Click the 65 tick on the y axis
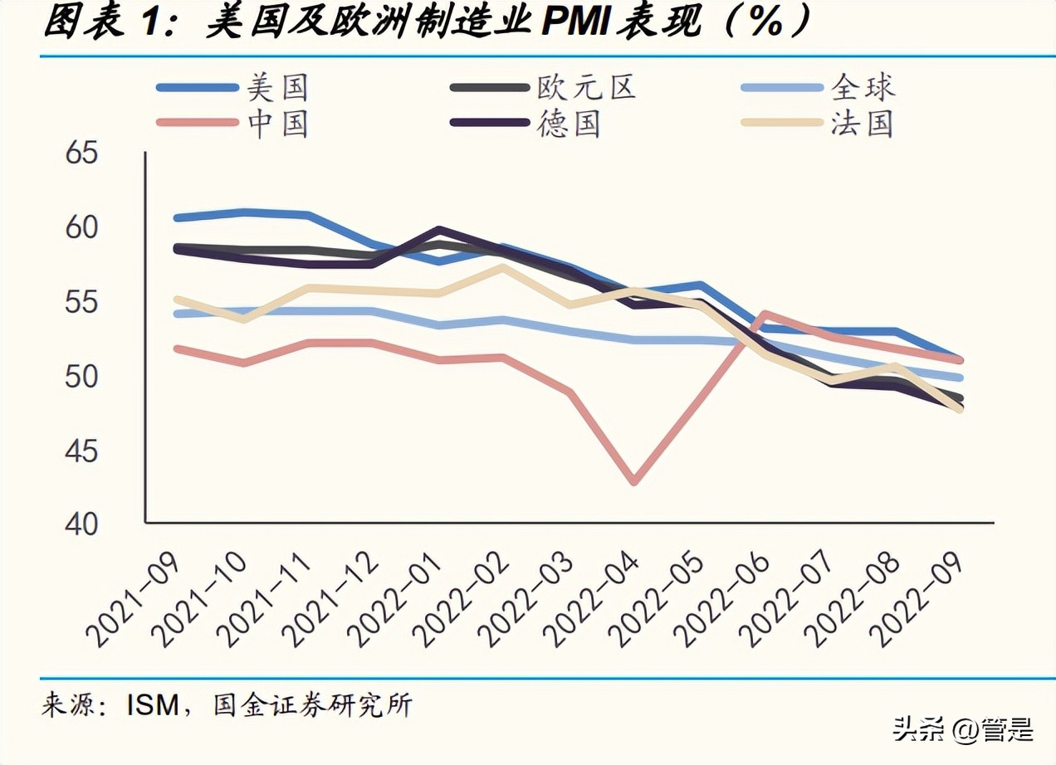click(x=82, y=153)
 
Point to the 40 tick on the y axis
click(x=82, y=524)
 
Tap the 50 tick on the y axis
click(x=82, y=376)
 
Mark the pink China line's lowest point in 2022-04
click(x=635, y=481)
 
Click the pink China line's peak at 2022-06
click(x=765, y=314)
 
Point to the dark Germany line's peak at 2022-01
click(x=438, y=230)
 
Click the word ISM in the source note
click(x=153, y=705)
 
